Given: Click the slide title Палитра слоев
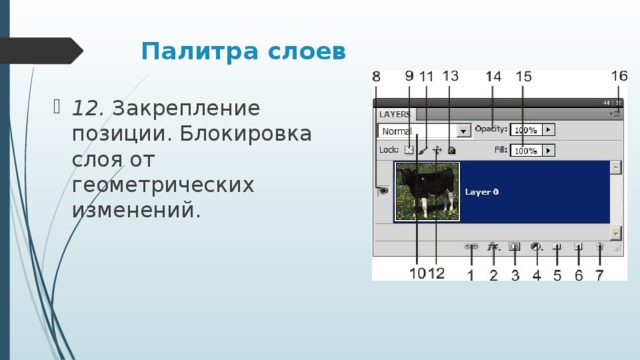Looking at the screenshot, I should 244,50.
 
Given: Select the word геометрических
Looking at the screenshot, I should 163,186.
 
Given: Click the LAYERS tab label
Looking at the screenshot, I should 394,115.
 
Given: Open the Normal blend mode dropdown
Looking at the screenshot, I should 464,130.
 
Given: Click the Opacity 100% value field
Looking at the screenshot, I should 526,130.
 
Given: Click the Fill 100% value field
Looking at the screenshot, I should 526,150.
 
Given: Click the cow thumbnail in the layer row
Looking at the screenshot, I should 426,191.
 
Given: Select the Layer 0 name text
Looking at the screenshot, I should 482,191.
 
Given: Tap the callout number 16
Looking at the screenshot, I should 619,76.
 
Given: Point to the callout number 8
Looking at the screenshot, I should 377,77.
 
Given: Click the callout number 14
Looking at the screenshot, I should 493,77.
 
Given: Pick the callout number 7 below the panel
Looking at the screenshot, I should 599,274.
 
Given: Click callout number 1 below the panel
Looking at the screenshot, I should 471,274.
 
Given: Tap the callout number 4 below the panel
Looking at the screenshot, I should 536,274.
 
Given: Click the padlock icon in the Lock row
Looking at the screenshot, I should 452,150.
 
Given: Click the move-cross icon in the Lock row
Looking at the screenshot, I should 437,150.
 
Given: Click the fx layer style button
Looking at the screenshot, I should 493,245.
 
